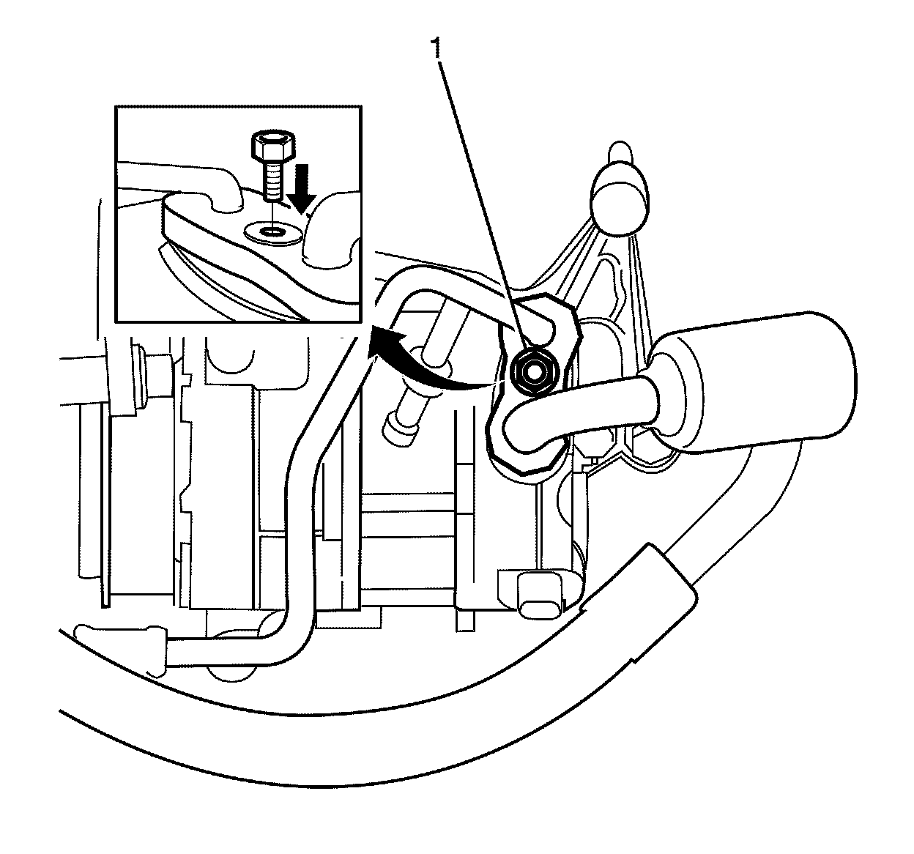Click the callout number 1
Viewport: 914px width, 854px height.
coord(438,49)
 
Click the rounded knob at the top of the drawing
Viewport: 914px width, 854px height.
coord(620,193)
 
